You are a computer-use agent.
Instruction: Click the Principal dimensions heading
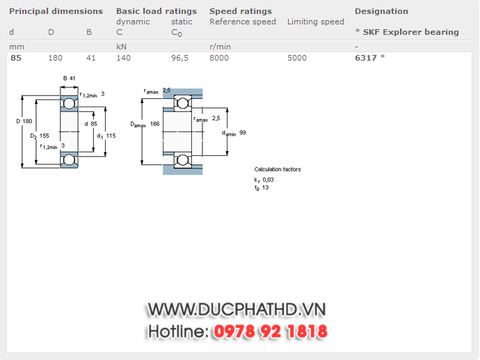pos(56,11)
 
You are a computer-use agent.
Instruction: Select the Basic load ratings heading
pos(156,11)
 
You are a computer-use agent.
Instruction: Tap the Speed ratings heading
pos(241,11)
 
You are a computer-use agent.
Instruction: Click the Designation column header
pos(381,11)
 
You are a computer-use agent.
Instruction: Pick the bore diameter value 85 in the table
pos(15,58)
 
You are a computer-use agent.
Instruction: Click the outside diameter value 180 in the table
pos(55,58)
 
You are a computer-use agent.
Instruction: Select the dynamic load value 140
pos(123,58)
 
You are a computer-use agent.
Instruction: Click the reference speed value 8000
pos(218,58)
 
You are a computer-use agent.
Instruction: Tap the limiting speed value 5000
pos(296,58)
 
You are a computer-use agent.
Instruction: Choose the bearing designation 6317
pos(366,58)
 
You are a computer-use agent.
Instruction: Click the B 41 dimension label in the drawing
pos(70,78)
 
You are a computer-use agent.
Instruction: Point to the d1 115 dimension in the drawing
pos(106,136)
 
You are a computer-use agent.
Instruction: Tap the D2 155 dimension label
pos(39,136)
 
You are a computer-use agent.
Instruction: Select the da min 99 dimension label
pos(234,132)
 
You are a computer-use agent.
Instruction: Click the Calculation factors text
pos(278,169)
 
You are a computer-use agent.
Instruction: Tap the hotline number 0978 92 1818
pos(270,331)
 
